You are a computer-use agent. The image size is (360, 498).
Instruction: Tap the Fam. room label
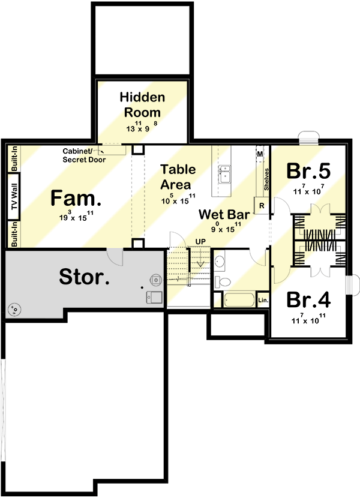click(73, 198)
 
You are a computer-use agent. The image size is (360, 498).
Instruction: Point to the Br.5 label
click(308, 171)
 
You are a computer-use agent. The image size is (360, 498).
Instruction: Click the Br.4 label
click(308, 299)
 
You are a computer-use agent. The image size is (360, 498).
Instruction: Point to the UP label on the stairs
click(200, 242)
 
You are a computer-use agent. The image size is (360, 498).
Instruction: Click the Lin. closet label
click(262, 299)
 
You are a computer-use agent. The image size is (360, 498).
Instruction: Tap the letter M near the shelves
click(260, 154)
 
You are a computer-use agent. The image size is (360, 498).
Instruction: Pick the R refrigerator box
click(262, 205)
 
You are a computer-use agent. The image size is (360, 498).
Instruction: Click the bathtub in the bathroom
click(234, 299)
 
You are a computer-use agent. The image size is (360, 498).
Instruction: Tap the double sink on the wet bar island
click(225, 174)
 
